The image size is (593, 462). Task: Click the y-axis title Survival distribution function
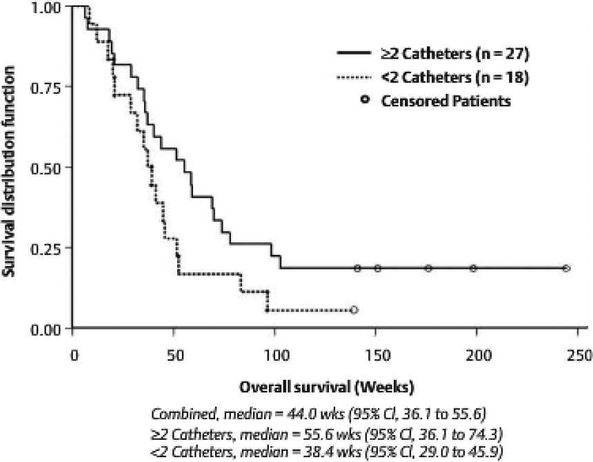tap(11, 168)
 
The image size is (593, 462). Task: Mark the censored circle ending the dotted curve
tap(354, 310)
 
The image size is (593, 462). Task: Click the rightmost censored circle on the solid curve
tap(566, 268)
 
